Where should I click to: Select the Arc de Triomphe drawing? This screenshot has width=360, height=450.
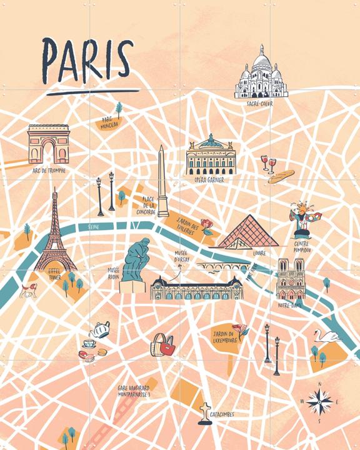click(47, 144)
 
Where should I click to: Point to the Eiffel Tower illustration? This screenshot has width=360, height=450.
click(55, 234)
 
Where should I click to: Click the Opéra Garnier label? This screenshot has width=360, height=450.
click(209, 180)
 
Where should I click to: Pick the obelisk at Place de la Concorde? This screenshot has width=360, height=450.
click(162, 181)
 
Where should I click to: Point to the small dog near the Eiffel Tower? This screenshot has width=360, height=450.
click(27, 289)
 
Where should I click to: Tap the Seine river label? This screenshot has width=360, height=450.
click(94, 227)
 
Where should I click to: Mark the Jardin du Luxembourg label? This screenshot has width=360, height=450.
click(224, 337)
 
